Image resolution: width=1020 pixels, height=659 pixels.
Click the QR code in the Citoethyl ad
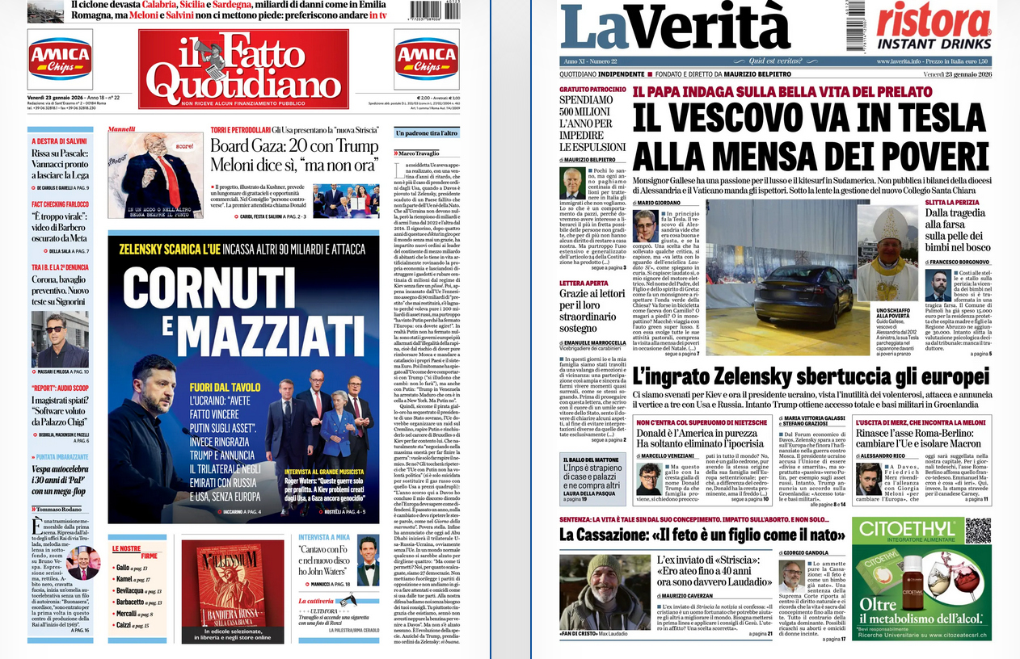coord(977,531)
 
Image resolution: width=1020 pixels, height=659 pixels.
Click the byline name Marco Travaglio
coord(419,153)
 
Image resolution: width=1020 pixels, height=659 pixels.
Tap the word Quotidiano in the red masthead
coord(243,85)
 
